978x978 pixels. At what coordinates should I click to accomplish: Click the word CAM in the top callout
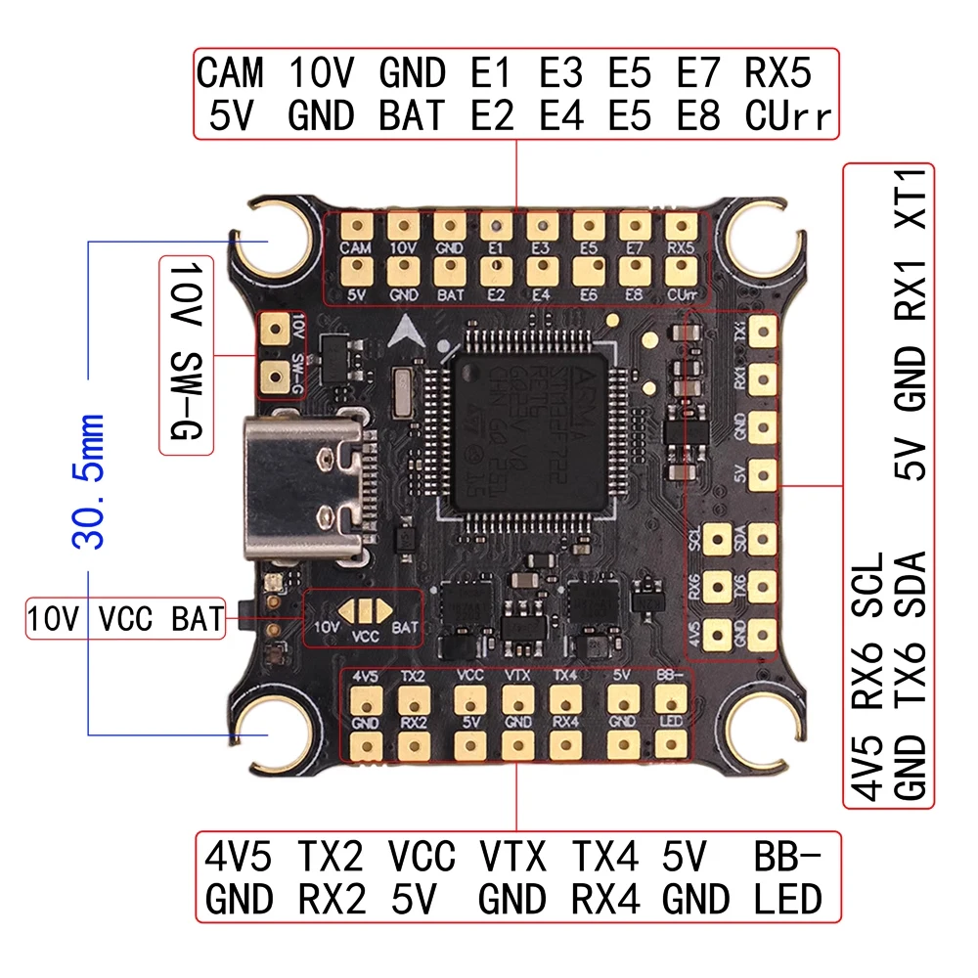point(231,73)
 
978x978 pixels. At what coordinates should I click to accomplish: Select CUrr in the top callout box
point(788,116)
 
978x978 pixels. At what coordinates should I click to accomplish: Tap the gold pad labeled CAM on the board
point(358,227)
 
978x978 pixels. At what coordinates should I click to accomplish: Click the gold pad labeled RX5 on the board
point(677,227)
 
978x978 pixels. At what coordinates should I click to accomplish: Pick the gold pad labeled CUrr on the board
point(677,269)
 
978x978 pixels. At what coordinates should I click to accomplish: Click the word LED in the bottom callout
point(788,898)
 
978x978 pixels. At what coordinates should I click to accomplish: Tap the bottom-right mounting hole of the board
point(765,729)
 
